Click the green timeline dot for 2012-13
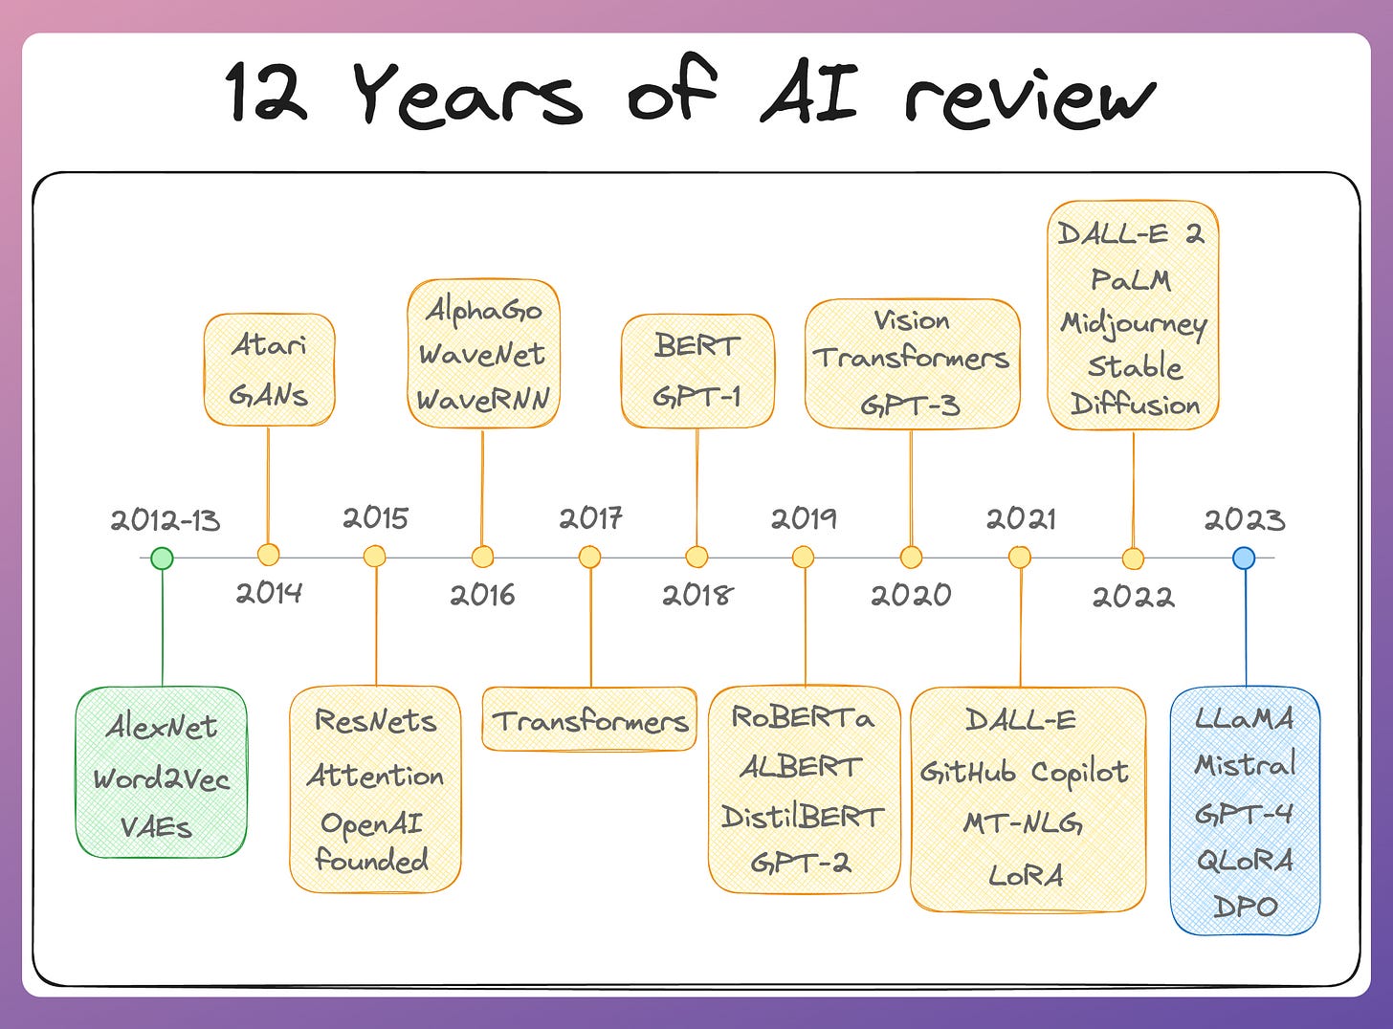tap(163, 558)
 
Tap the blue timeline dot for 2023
tap(1244, 558)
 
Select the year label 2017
tap(590, 518)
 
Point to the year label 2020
tap(911, 595)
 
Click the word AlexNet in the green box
tap(162, 727)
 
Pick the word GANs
tap(269, 394)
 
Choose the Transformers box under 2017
tap(590, 720)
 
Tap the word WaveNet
tap(482, 355)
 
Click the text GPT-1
tap(696, 396)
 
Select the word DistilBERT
tap(803, 817)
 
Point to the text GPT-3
tap(910, 405)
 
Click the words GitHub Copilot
tap(1025, 772)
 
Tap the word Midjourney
tap(1134, 323)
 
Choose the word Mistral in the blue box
tap(1245, 764)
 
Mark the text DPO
tap(1245, 906)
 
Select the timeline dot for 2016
tap(483, 557)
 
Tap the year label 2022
tap(1133, 597)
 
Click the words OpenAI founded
tap(373, 842)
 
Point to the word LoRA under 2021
tap(1026, 875)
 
